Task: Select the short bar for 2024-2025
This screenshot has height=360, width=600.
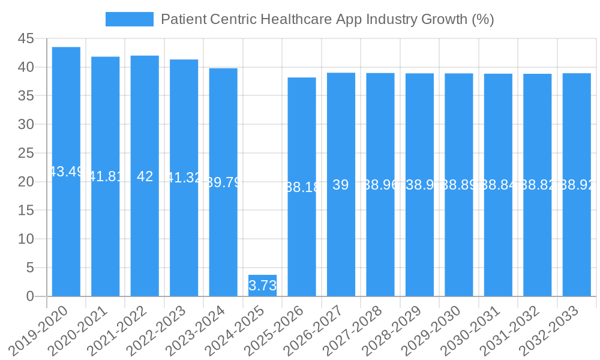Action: click(262, 286)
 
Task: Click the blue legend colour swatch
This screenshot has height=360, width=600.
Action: click(130, 19)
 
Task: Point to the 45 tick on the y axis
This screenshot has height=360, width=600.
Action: click(26, 38)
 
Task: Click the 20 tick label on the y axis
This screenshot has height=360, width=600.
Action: click(26, 182)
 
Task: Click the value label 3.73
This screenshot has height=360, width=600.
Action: click(262, 286)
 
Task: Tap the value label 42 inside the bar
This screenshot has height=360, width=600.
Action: click(145, 176)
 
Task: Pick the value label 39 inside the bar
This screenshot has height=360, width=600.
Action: click(341, 185)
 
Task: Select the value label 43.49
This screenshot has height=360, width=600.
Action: click(66, 172)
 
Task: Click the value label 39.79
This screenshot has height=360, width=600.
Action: click(223, 182)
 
